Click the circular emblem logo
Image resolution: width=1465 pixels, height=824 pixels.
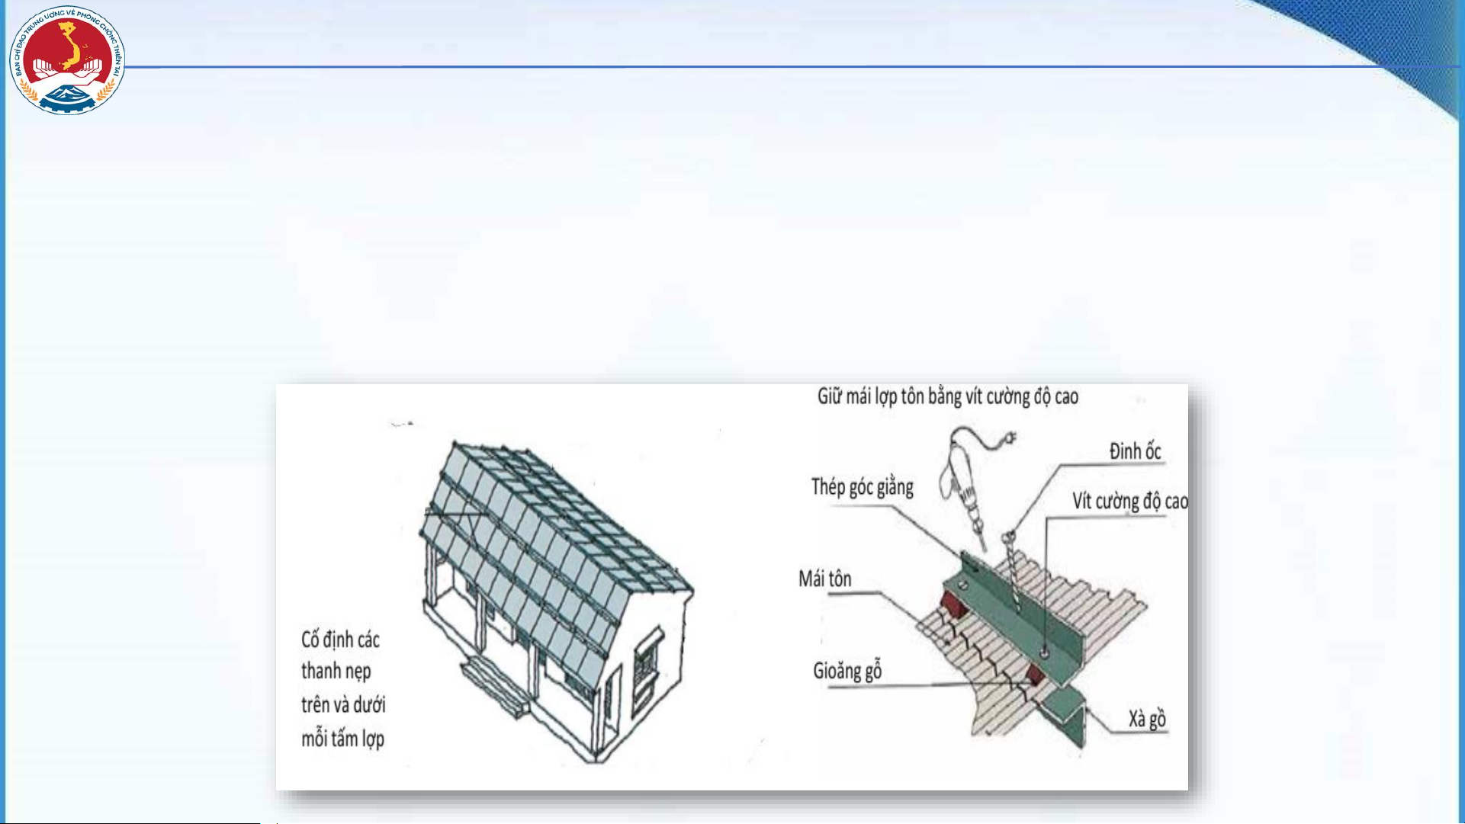click(67, 61)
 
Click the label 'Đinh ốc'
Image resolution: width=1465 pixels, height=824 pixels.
click(1135, 451)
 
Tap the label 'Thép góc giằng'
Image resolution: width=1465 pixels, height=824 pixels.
click(862, 487)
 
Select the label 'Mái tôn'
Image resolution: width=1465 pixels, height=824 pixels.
click(825, 579)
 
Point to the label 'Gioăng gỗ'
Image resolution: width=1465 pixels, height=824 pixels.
click(847, 671)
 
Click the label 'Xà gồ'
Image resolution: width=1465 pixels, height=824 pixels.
click(1147, 719)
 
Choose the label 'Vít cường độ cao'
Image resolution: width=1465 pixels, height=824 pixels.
click(1130, 501)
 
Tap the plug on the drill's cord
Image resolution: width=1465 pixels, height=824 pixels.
click(1010, 440)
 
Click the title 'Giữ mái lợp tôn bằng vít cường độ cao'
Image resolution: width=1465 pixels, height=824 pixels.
click(948, 396)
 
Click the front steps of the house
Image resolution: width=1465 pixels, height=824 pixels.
click(495, 686)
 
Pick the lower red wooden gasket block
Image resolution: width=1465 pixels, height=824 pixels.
click(1035, 674)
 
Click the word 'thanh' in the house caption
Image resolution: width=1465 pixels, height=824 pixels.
click(319, 671)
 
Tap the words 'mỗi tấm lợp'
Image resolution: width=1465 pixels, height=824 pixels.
click(342, 739)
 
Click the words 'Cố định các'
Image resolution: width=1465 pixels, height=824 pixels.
click(340, 639)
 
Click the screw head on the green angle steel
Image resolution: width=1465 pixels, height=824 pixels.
click(1043, 652)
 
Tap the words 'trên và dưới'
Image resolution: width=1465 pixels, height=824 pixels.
click(343, 704)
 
